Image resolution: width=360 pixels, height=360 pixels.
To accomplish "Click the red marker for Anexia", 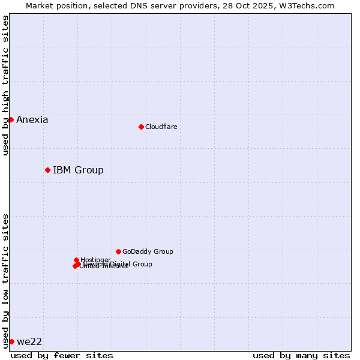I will [x=11, y=119].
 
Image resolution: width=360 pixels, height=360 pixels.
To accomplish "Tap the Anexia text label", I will [x=32, y=120].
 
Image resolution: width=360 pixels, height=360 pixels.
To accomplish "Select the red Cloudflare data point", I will [x=141, y=127].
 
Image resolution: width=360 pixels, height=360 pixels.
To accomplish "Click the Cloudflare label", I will [x=161, y=127].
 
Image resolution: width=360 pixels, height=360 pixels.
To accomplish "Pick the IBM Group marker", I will [x=47, y=170].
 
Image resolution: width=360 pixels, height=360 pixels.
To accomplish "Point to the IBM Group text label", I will [x=78, y=170].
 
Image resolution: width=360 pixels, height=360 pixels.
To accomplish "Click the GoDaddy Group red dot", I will [x=118, y=251].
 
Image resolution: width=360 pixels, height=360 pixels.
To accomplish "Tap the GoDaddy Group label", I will [x=148, y=252].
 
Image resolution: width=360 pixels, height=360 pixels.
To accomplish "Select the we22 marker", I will [x=11, y=341].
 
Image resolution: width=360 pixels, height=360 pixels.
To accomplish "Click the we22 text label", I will [x=29, y=342].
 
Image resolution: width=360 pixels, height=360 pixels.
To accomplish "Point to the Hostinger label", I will [x=96, y=260].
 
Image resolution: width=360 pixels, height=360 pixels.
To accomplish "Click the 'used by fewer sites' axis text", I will [x=62, y=355].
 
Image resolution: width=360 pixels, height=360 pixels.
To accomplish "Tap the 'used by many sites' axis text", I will [x=301, y=355].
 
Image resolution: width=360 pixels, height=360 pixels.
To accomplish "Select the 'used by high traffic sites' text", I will [x=6, y=85].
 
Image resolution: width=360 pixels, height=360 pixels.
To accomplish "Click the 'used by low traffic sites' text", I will [x=6, y=280].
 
